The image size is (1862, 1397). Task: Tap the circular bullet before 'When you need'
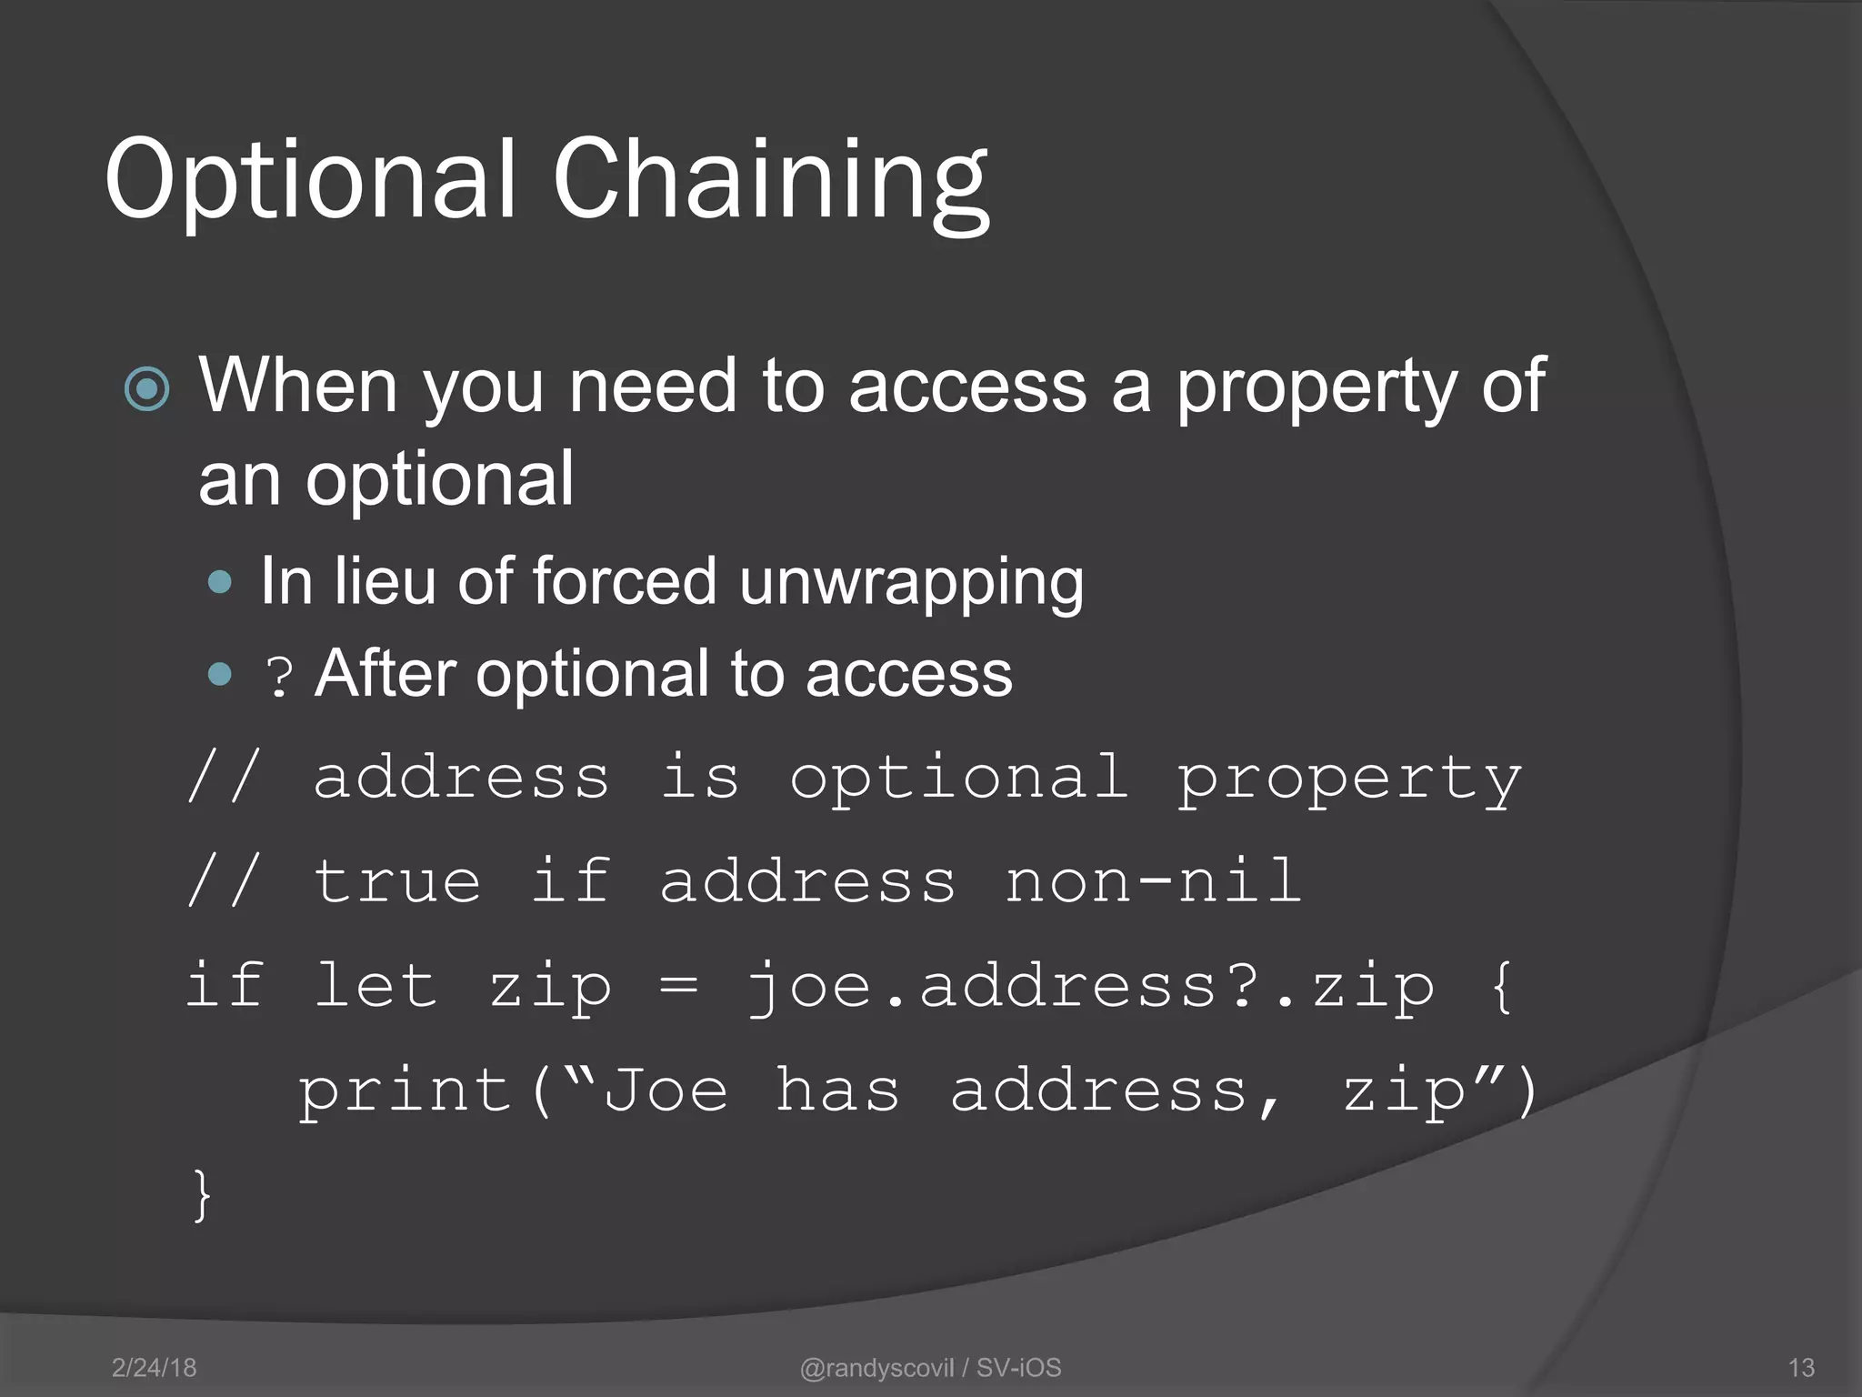(147, 389)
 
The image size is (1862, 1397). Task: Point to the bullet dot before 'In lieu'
(220, 582)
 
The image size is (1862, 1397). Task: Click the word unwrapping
(911, 582)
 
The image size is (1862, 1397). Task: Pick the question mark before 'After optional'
(279, 678)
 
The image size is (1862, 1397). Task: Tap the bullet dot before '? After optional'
(220, 674)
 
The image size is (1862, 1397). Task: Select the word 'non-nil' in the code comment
(1153, 880)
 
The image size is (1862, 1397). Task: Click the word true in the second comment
(396, 880)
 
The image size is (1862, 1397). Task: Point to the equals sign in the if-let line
(679, 985)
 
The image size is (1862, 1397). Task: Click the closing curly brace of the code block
(202, 1195)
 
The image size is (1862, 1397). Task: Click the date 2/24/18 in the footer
(154, 1367)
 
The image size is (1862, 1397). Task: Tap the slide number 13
(1800, 1367)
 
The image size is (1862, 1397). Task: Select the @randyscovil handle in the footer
(876, 1367)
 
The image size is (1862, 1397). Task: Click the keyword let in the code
(375, 985)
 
